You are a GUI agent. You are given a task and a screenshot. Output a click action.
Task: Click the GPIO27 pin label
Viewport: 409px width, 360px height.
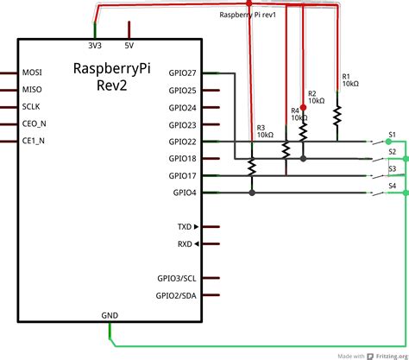click(182, 73)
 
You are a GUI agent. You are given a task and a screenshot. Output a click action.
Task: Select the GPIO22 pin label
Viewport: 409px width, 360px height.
click(182, 142)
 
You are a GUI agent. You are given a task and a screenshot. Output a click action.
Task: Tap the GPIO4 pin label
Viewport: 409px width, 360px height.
click(185, 193)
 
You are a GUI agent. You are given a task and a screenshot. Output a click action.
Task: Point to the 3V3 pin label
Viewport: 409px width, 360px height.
click(95, 46)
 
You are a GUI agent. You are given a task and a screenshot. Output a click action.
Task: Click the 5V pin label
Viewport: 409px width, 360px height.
click(129, 46)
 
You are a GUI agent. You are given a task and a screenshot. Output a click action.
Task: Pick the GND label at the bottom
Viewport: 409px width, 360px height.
click(110, 315)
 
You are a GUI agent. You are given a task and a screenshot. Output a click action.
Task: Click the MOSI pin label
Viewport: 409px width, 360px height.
click(32, 73)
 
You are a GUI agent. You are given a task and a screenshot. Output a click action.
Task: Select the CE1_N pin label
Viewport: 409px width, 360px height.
click(34, 141)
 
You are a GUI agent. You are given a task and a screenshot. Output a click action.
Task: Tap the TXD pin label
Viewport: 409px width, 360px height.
click(185, 227)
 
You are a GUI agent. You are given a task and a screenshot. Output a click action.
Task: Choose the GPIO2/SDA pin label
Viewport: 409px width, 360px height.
click(176, 295)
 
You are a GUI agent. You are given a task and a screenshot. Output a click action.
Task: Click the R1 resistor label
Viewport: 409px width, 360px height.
click(346, 77)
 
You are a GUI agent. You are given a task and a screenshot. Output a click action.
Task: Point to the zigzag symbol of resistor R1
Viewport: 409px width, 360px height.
click(337, 116)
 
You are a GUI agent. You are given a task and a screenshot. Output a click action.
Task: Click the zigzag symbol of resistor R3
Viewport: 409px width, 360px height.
click(252, 167)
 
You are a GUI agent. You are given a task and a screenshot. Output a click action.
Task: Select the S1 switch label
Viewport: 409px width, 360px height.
click(393, 135)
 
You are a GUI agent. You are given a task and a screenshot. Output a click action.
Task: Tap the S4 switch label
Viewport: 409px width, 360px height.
click(393, 186)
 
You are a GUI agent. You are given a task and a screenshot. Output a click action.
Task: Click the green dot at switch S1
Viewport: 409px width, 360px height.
click(388, 142)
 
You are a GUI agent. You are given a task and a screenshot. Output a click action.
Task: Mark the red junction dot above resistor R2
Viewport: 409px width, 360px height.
click(303, 107)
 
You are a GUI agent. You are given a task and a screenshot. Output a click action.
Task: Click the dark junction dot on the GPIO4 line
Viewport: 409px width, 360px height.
click(252, 193)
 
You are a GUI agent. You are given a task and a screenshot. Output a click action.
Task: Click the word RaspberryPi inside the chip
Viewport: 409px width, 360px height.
click(112, 69)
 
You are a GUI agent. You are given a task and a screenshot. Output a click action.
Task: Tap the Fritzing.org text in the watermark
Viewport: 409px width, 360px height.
click(392, 357)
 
